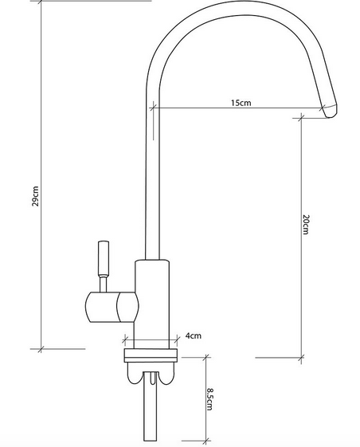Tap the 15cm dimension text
[x=241, y=104]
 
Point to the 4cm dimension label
[x=193, y=335]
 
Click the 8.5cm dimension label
[x=209, y=398]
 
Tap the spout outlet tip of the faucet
[x=329, y=113]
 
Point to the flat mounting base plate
[x=151, y=355]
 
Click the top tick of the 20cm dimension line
[x=301, y=118]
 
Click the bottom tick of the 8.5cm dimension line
[x=205, y=439]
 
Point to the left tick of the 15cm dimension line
[x=151, y=109]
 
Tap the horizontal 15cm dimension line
[x=239, y=109]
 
